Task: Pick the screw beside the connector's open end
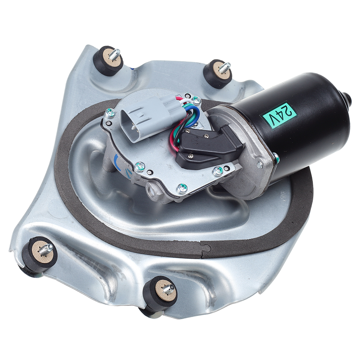(109, 112)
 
